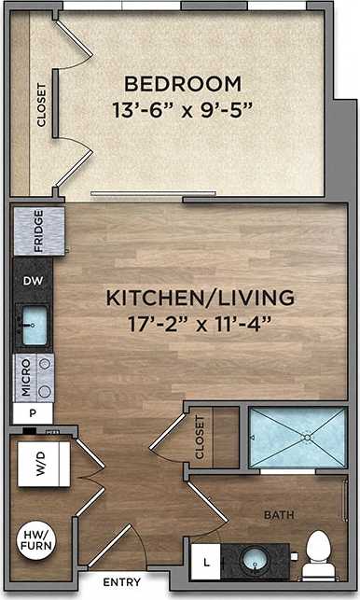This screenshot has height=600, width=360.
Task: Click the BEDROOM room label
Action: coord(183,82)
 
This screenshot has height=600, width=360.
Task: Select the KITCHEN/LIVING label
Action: coord(201,299)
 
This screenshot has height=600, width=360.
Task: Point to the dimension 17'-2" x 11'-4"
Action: coord(201,326)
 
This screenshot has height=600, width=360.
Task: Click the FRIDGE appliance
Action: coord(39,230)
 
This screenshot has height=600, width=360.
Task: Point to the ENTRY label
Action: coord(121,581)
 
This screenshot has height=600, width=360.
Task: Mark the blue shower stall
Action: coord(297,437)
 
